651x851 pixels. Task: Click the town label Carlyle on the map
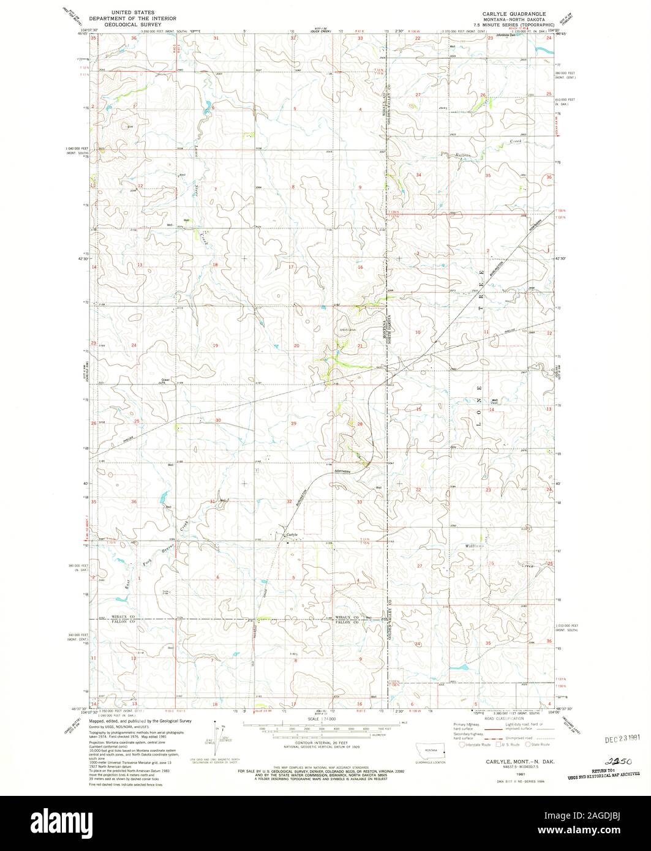point(292,534)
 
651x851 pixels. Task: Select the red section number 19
point(215,346)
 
